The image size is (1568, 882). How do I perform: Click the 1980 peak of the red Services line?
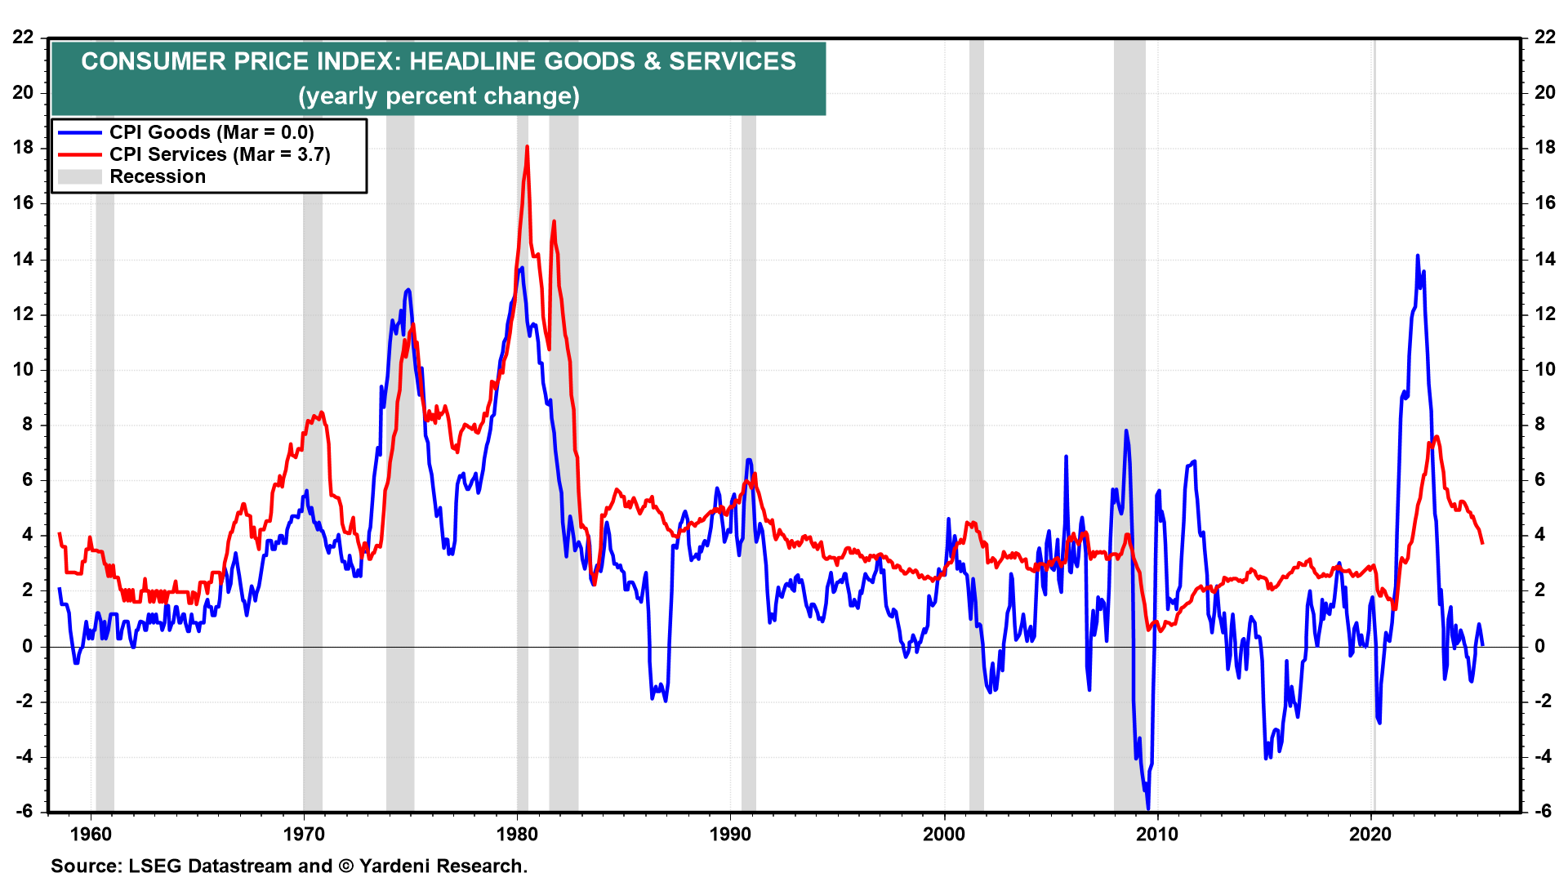(527, 147)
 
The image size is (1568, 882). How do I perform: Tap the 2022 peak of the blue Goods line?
(1417, 256)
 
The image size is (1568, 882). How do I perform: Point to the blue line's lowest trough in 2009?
(1148, 808)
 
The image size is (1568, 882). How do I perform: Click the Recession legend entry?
(158, 176)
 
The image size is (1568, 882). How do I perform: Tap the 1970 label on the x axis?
(304, 834)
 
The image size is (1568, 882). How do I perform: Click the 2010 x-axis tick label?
(1157, 834)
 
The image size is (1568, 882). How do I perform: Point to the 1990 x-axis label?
(730, 834)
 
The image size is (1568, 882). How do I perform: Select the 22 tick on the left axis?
(24, 37)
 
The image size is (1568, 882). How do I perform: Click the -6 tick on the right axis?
(1543, 811)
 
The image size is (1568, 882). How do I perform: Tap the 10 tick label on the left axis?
(24, 369)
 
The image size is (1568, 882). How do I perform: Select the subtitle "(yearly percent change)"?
(439, 96)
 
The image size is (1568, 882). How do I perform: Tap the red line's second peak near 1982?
(554, 221)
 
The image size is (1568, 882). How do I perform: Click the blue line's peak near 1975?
(408, 290)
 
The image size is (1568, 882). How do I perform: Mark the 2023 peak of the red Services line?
(1437, 436)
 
